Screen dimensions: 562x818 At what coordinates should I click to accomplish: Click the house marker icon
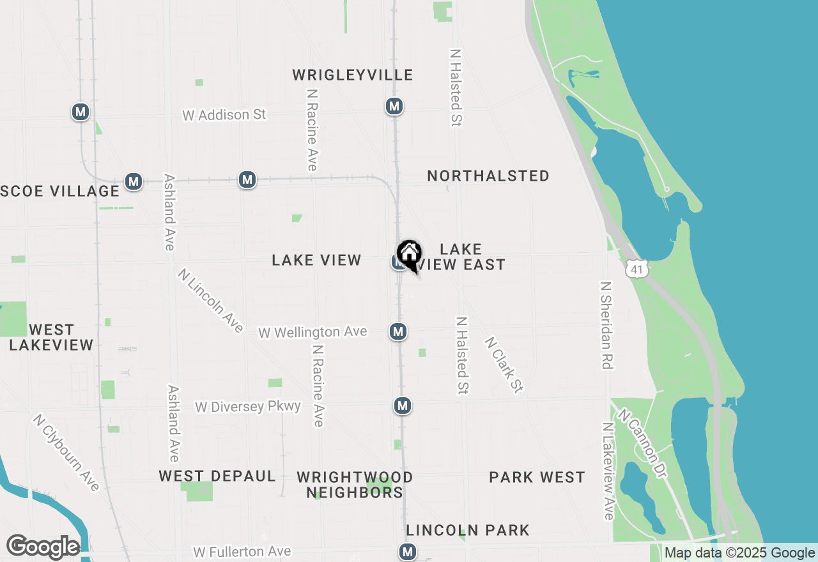[409, 255]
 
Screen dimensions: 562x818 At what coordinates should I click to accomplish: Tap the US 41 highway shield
[637, 269]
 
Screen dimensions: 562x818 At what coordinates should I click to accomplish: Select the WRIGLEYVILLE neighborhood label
[353, 75]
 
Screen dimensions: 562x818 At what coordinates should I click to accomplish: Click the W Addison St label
[224, 115]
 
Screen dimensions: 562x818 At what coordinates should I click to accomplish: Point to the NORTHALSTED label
[488, 176]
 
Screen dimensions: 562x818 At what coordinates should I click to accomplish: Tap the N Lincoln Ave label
[211, 301]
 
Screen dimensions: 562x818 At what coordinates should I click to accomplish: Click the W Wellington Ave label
[313, 332]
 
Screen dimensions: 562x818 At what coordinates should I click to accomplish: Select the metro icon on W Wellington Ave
[398, 331]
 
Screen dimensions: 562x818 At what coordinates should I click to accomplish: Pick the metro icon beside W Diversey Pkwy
[401, 406]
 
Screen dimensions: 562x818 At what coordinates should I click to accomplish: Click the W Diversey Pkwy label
[248, 407]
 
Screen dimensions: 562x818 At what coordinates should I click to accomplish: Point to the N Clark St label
[504, 365]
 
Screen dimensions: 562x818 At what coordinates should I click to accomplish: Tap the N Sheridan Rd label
[606, 325]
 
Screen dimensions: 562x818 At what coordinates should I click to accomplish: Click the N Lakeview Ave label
[608, 471]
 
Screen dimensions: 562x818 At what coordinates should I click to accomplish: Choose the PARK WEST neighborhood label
[537, 478]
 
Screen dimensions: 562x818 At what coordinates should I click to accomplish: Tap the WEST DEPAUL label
[217, 476]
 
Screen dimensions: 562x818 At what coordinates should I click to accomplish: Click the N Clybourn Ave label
[66, 453]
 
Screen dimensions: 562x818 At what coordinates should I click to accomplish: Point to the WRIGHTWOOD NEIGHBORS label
[355, 485]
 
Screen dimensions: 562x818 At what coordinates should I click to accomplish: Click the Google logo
[43, 547]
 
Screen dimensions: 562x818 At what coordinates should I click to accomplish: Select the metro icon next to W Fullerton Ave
[407, 551]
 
